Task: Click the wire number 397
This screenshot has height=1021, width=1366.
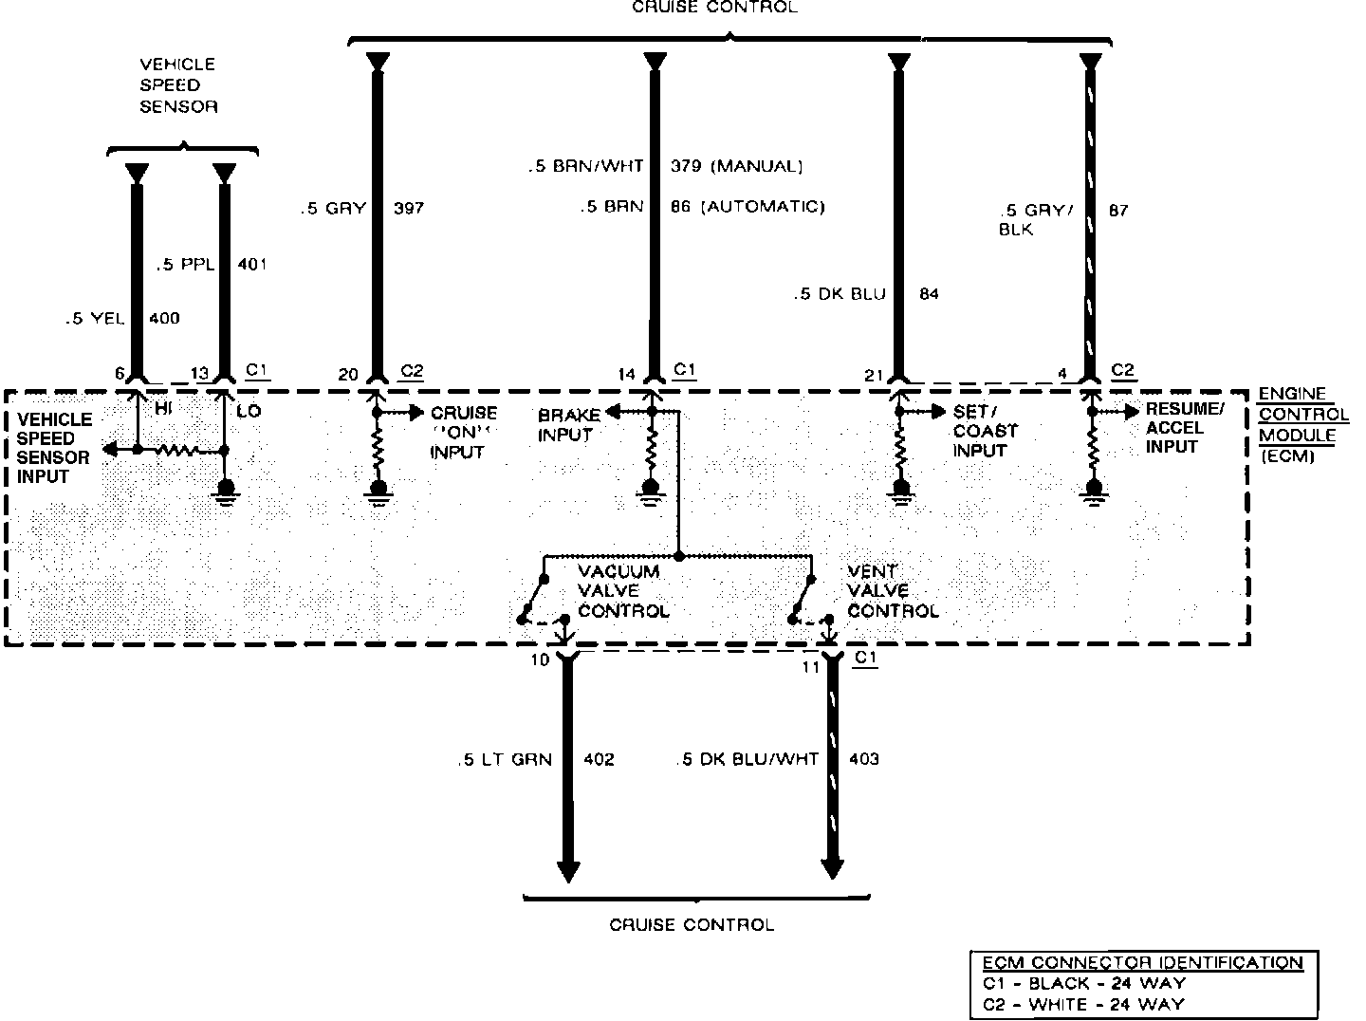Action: (x=408, y=208)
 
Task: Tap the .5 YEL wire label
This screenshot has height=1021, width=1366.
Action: (x=95, y=319)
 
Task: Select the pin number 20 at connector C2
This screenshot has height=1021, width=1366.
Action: (x=348, y=374)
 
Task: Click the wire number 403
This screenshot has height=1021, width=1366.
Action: (x=863, y=758)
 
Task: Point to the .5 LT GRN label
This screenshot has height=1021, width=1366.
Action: (x=503, y=759)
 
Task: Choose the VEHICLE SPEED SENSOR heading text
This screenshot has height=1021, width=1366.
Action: (x=178, y=85)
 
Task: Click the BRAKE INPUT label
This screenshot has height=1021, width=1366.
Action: (x=568, y=425)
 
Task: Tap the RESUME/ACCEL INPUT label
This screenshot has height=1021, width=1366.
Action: (x=1185, y=427)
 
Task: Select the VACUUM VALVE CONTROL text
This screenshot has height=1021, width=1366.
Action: (x=623, y=591)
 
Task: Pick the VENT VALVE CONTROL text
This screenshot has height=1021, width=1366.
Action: (x=893, y=591)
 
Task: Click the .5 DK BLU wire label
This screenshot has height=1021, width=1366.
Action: (x=839, y=294)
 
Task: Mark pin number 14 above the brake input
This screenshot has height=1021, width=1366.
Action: (x=626, y=374)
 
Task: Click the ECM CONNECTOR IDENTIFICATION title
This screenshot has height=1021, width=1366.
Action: (x=1142, y=962)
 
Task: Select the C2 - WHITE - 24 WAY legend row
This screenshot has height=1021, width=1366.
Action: (x=1083, y=1003)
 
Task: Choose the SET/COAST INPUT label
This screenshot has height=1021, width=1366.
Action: (x=985, y=430)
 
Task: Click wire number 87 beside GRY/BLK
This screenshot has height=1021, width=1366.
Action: (x=1118, y=210)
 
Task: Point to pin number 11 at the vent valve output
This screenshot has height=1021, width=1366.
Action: (x=810, y=666)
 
